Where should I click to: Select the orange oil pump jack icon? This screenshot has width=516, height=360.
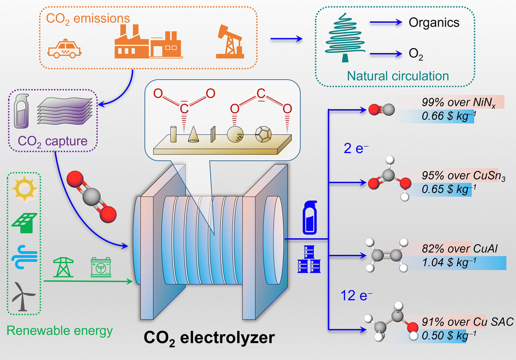(229, 42)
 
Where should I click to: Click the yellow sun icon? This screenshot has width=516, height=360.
(22, 189)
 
